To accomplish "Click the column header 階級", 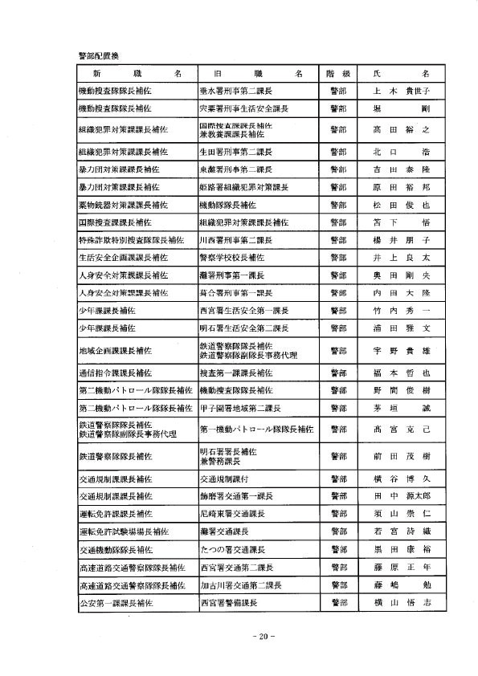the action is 337,73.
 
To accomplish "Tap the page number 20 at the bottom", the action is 264,636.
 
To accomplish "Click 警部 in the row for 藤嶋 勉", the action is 337,584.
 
